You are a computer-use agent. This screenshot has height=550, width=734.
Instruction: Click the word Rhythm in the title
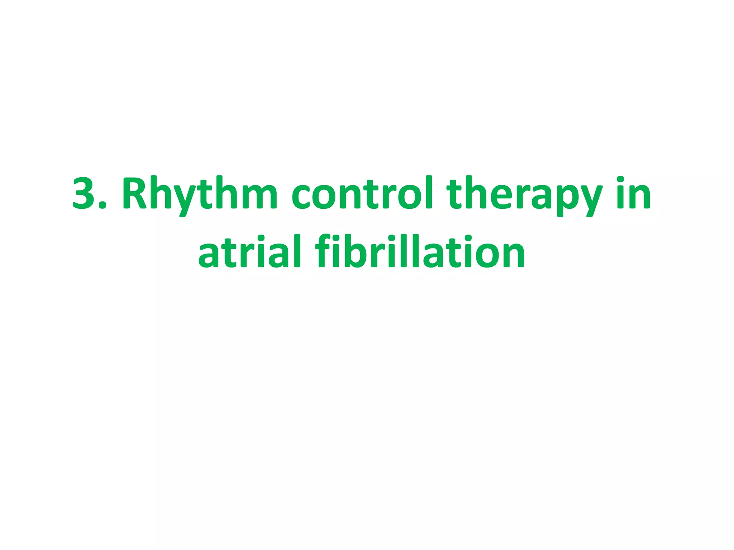pos(200,193)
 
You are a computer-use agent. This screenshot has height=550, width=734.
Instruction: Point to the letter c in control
pos(302,197)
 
